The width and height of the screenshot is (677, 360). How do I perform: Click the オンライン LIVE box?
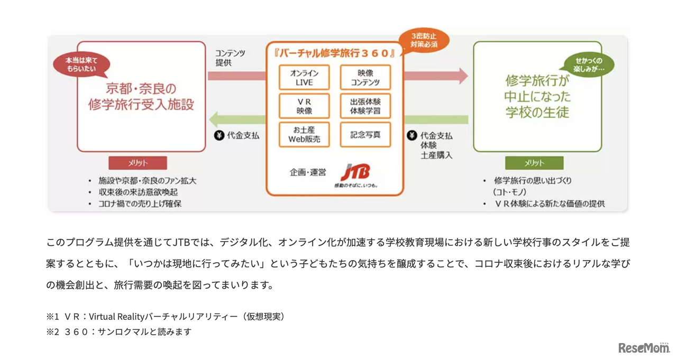click(x=304, y=77)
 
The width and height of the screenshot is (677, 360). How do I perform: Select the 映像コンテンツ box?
click(x=365, y=77)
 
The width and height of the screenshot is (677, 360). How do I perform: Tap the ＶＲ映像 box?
click(x=304, y=106)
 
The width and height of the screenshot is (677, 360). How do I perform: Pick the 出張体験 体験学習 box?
click(x=365, y=106)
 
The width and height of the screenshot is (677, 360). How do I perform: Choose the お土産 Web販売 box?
click(x=304, y=134)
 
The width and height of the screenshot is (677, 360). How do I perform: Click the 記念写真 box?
click(x=365, y=134)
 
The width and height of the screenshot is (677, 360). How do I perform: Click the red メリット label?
click(x=138, y=163)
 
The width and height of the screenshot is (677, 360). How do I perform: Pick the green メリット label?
click(x=534, y=163)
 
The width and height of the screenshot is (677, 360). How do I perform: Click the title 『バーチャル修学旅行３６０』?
click(x=335, y=53)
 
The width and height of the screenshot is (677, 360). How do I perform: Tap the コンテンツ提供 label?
click(x=230, y=58)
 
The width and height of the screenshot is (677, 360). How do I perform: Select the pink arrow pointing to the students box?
click(x=436, y=76)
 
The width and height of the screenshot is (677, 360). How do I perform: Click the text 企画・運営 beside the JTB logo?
click(x=308, y=172)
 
